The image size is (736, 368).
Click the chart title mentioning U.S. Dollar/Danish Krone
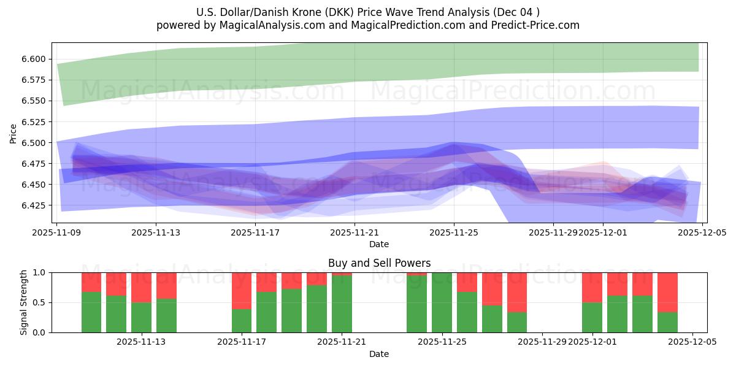(368, 12)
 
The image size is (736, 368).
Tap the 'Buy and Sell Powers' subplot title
(379, 263)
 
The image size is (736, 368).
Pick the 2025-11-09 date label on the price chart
(56, 233)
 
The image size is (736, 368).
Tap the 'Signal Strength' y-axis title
(24, 302)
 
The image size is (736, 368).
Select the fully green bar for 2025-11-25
(442, 302)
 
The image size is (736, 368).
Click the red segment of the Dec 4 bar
(667, 292)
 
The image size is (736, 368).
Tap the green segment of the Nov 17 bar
(242, 321)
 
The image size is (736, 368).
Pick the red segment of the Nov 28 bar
(517, 292)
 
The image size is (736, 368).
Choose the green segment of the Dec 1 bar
(592, 318)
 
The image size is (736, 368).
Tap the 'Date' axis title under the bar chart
(379, 354)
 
